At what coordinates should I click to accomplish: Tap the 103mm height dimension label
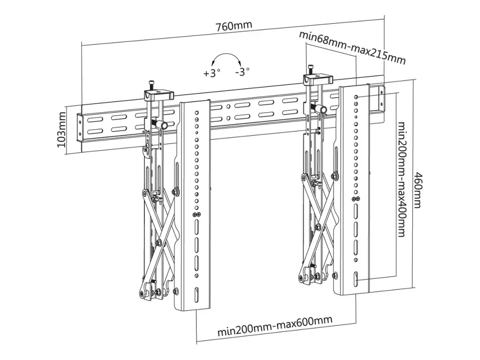pyautogui.click(x=61, y=130)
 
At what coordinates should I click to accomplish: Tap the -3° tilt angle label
pyautogui.click(x=242, y=72)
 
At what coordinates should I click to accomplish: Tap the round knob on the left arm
pyautogui.click(x=164, y=126)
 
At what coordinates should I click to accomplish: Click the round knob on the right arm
pyautogui.click(x=323, y=111)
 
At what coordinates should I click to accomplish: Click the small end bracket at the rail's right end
pyautogui.click(x=381, y=97)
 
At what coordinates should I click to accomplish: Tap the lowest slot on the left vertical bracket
pyautogui.click(x=196, y=291)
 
